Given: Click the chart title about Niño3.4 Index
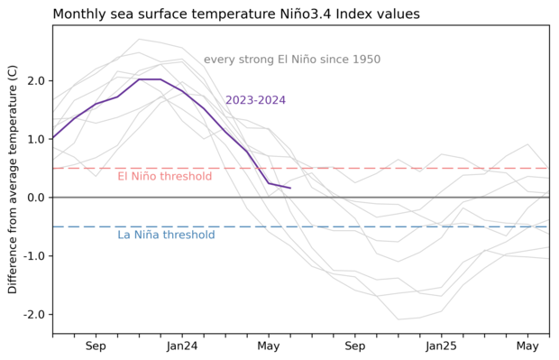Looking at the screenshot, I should [x=248, y=14].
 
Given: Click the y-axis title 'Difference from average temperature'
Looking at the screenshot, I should [x=13, y=179].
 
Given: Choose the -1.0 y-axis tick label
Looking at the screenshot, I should [x=32, y=256].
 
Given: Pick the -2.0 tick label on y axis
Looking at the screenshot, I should [x=32, y=314].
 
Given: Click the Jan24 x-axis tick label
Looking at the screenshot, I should [x=182, y=346].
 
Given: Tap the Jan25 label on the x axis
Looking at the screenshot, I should [x=442, y=346].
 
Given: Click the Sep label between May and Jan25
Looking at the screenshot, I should [x=355, y=346].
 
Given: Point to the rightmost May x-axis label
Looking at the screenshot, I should [x=528, y=346].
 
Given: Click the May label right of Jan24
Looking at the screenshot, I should [x=269, y=346].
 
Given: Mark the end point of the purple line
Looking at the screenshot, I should [x=290, y=188].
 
